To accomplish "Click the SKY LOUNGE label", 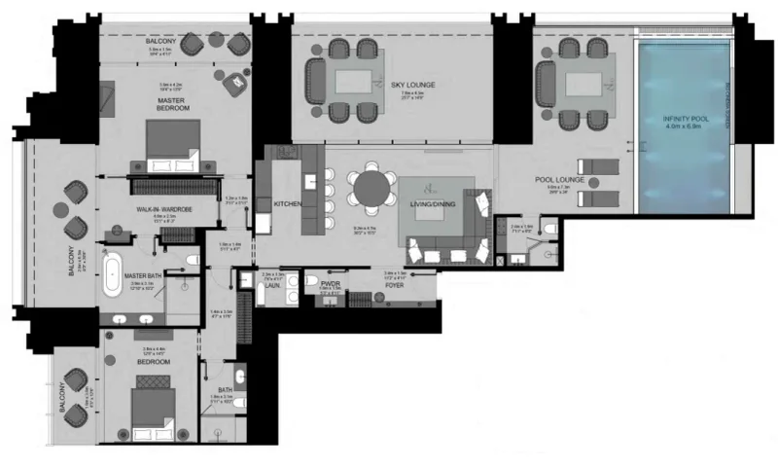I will (x=412, y=86).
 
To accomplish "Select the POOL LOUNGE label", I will (x=557, y=181).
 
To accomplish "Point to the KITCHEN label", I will (x=287, y=203).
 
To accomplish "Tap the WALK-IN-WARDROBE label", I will (x=163, y=209).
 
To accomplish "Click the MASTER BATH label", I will (x=142, y=275).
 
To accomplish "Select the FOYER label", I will (x=394, y=286).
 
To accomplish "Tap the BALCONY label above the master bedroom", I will (x=160, y=42).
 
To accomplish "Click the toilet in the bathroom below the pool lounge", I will (x=550, y=230).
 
